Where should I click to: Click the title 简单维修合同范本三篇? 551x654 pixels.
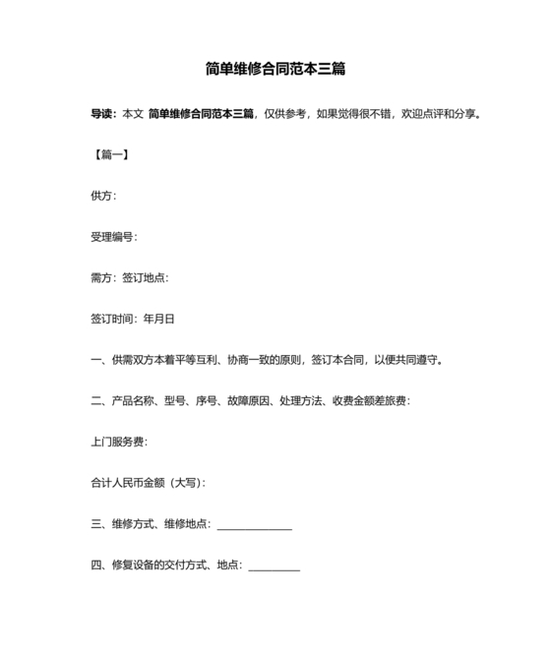275,70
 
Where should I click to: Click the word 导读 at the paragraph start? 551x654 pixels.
102,115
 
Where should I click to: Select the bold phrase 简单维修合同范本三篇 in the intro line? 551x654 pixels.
202,115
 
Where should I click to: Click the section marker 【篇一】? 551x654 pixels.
110,155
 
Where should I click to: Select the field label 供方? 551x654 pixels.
103,196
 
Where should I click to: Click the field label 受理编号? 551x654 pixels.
114,237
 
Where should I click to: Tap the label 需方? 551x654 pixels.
103,278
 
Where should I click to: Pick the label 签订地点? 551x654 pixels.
146,278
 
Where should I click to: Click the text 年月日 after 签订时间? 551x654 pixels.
159,319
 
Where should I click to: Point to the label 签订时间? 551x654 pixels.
115,319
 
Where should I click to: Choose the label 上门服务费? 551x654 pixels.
119,442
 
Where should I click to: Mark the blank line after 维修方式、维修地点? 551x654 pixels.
254,526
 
